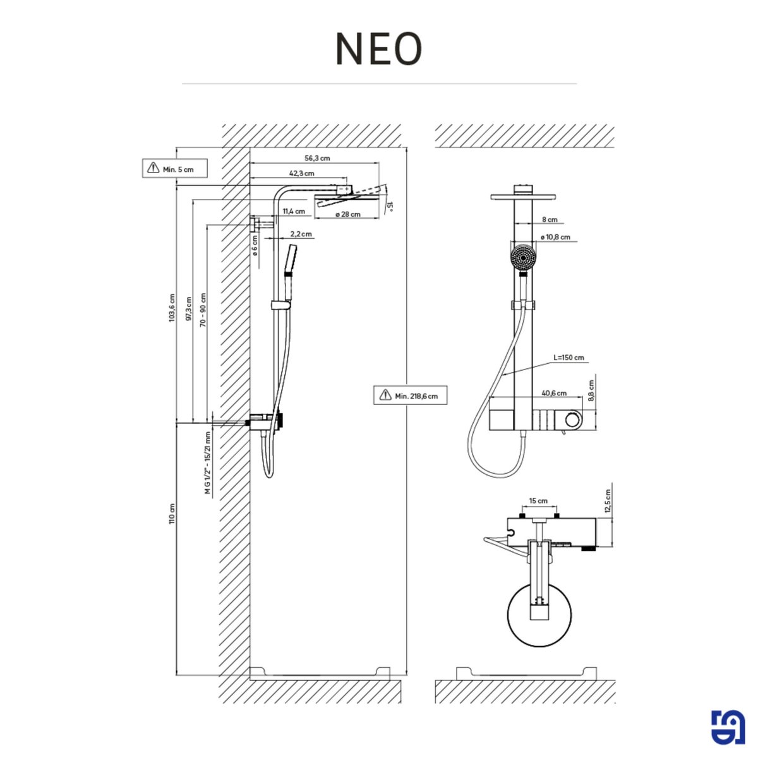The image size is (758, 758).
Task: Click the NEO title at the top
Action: pos(378,49)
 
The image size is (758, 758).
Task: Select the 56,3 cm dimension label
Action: pos(317,158)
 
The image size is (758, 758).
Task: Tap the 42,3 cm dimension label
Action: pos(302,173)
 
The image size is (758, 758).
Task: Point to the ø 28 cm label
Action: pos(347,214)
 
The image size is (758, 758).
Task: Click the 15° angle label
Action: pos(390,207)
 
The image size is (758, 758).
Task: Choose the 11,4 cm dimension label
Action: pos(294,211)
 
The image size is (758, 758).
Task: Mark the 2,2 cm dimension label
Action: pos(301,234)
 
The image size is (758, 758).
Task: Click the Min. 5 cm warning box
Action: pos(174,169)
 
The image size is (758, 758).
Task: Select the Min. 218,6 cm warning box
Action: pos(411,395)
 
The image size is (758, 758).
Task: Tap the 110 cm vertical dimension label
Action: pos(172,514)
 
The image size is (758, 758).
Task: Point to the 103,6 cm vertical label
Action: pos(172,308)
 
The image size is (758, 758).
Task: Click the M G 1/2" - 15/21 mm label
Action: pos(208,463)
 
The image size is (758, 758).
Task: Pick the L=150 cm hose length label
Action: pos(568,358)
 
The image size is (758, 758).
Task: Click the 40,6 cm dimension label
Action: pos(554,393)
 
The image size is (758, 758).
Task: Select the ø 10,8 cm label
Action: pos(555,238)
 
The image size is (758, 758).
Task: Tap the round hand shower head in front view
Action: pos(523,258)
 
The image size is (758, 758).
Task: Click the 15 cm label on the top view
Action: pos(538,501)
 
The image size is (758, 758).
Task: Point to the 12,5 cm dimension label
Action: pos(608,501)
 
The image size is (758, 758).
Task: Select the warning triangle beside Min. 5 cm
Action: pos(153,167)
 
